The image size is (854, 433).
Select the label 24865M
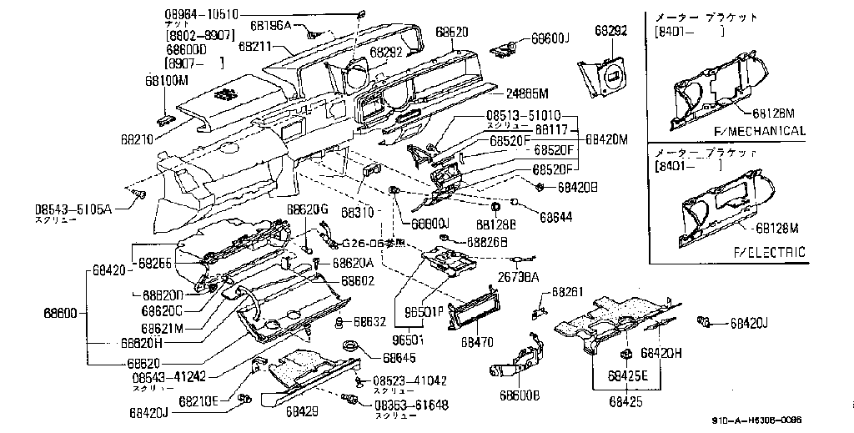(x=527, y=93)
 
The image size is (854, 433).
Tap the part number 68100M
(x=167, y=80)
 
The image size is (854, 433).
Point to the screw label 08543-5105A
(x=73, y=209)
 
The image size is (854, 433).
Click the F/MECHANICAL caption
(x=760, y=131)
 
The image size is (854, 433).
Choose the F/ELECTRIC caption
(x=769, y=252)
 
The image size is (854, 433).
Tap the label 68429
(x=302, y=411)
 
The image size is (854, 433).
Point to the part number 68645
(x=399, y=358)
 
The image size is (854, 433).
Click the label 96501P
(x=424, y=313)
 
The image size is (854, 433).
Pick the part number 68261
(x=567, y=293)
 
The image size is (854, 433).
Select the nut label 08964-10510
(x=201, y=14)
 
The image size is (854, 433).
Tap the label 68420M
(x=607, y=138)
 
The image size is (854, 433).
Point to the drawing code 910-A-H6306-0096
(x=756, y=421)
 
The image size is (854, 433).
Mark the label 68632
(x=370, y=320)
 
